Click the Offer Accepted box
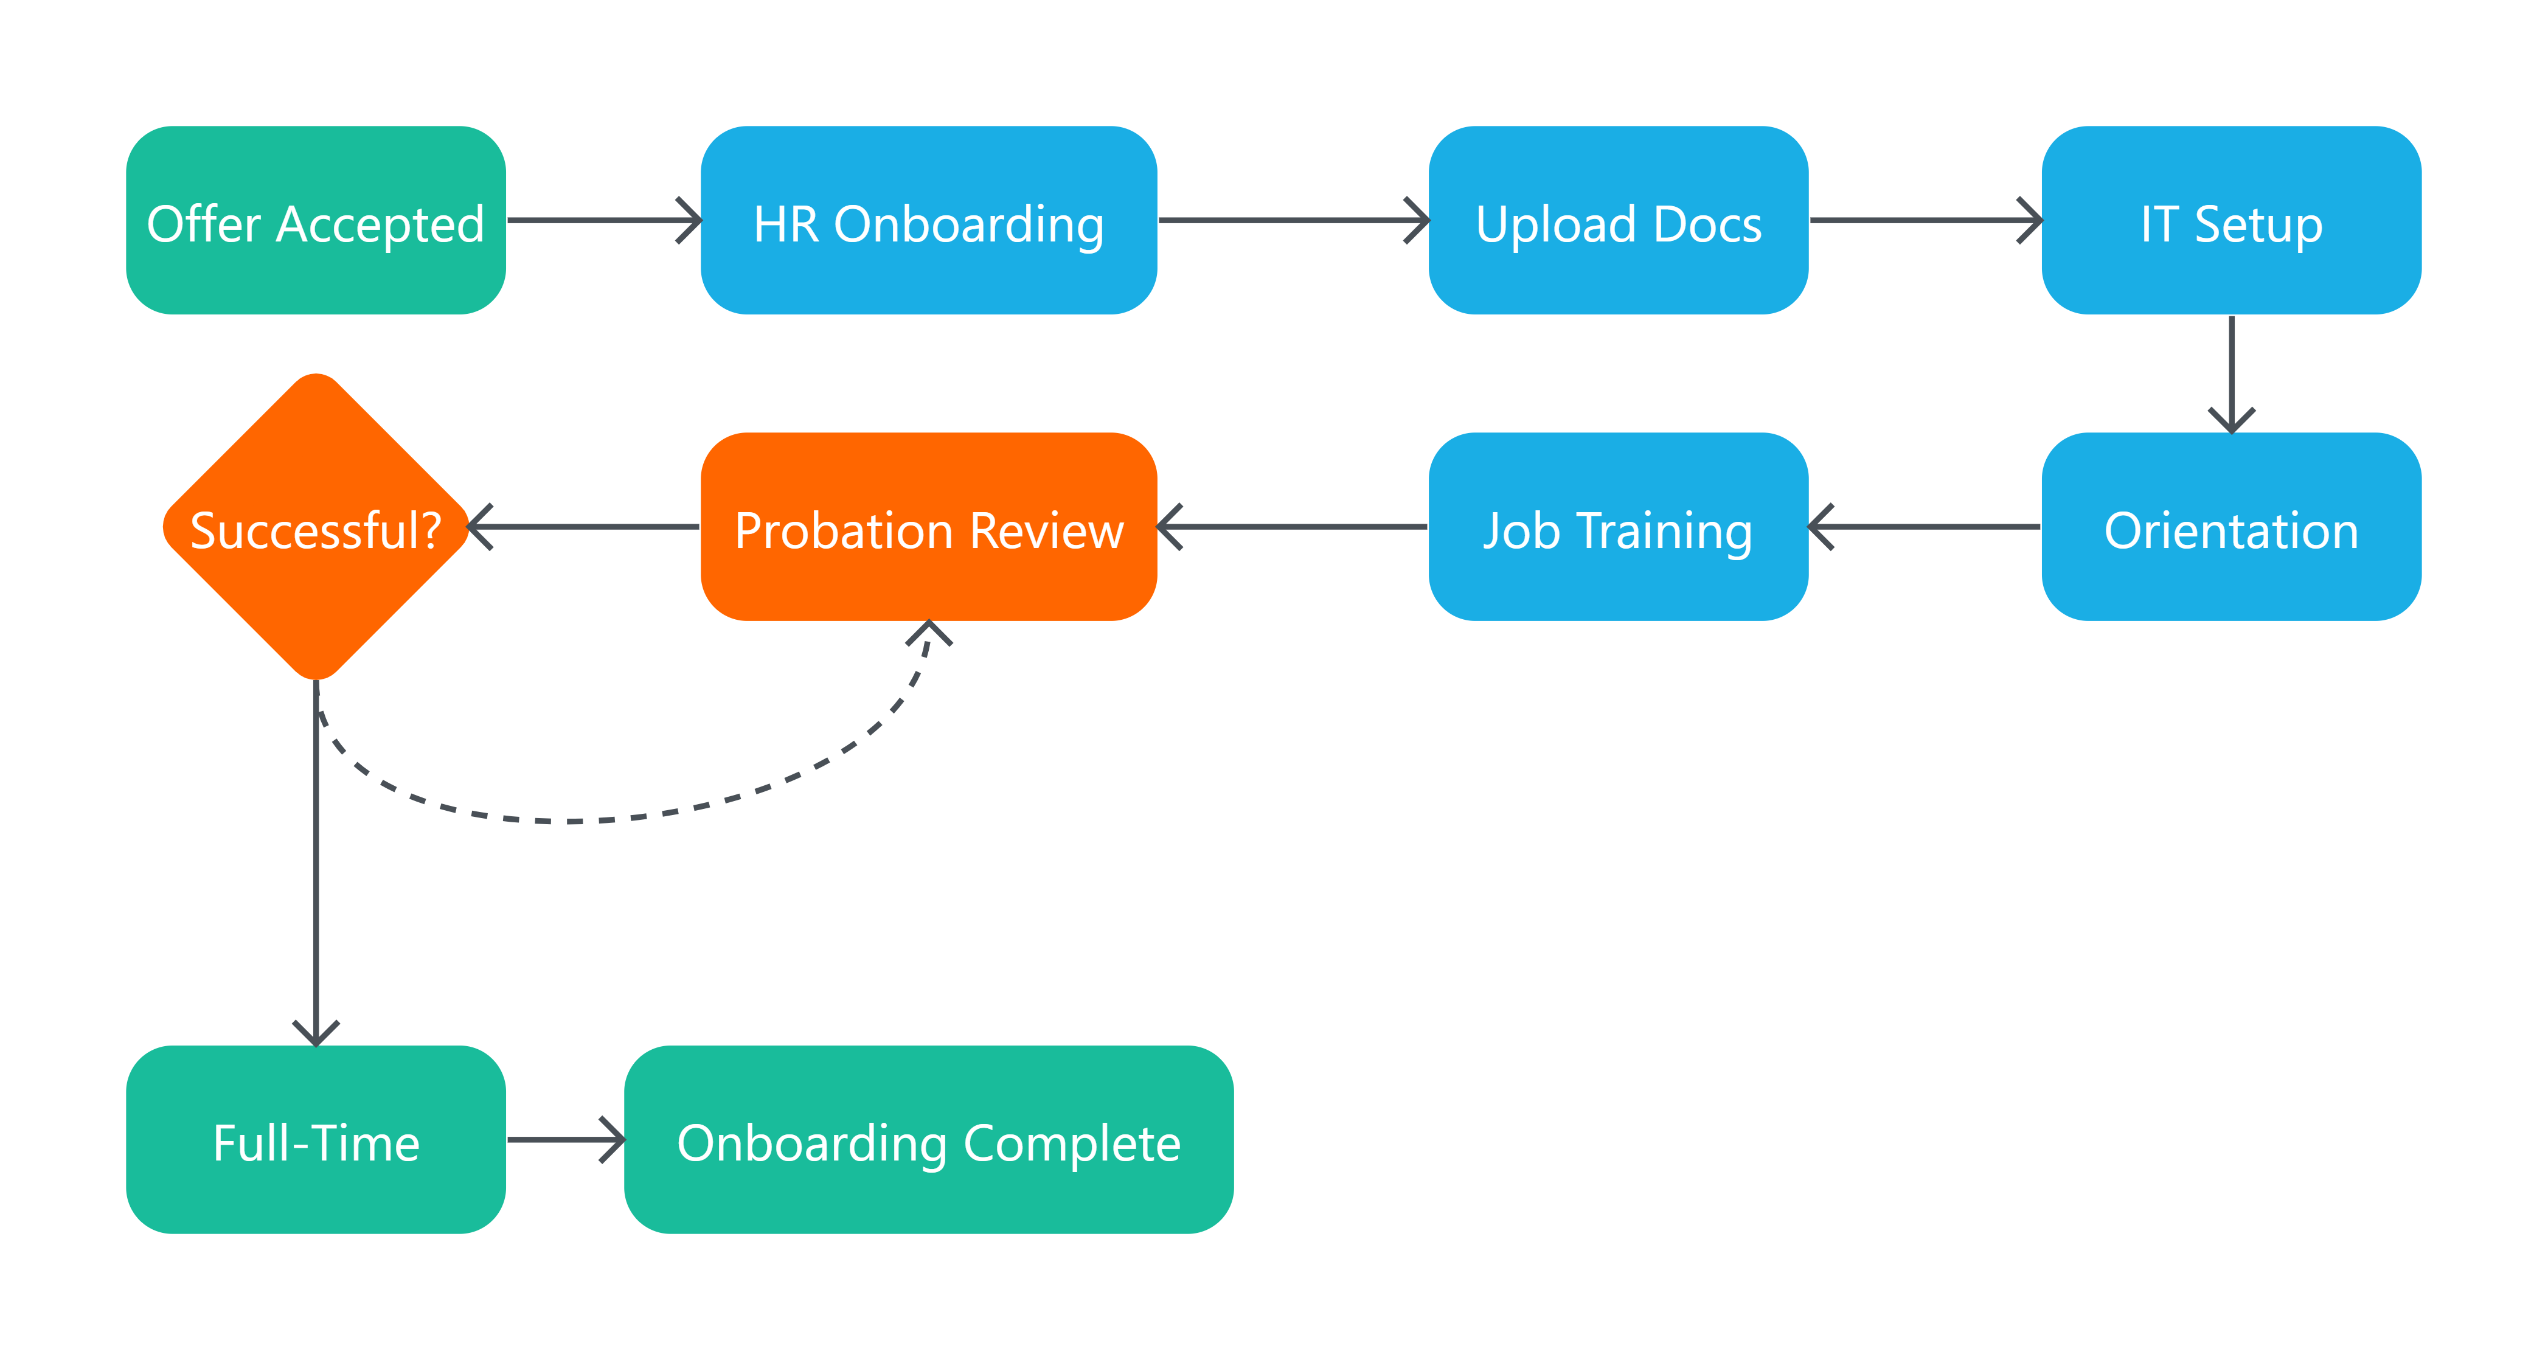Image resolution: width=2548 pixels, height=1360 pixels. (316, 221)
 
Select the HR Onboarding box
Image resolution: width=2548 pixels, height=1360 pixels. (928, 221)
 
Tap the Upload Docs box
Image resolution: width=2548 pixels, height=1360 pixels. (1617, 221)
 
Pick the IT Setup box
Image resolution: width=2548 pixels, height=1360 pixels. (2230, 221)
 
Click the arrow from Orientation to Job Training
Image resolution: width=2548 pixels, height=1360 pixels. (1924, 526)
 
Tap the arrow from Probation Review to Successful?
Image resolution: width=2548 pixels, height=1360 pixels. (583, 526)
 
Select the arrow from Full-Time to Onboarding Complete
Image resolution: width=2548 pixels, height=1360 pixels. (564, 1139)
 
